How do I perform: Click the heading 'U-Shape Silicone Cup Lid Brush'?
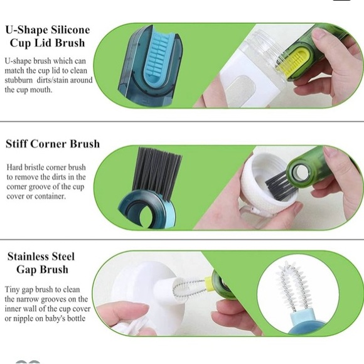point(48,36)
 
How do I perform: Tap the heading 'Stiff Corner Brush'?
point(53,144)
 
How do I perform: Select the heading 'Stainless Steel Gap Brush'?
point(41,263)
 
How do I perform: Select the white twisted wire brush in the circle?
point(293,286)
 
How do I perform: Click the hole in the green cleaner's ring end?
point(301,173)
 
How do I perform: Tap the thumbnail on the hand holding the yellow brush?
point(319,33)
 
